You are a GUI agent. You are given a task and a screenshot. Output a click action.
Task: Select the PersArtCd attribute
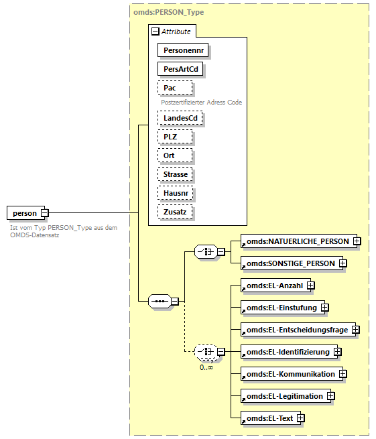180,68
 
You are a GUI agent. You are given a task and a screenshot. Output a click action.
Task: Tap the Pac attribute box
175,88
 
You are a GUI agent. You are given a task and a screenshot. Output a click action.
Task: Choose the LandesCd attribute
180,118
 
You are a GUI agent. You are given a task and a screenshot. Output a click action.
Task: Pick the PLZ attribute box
175,137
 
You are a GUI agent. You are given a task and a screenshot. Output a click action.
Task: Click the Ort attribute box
175,155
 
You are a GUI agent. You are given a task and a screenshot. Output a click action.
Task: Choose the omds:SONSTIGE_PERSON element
289,263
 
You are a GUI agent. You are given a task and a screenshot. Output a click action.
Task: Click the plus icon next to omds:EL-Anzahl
311,286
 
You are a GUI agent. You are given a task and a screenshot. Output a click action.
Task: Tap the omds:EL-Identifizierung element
286,352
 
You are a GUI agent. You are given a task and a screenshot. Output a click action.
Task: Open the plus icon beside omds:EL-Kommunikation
342,374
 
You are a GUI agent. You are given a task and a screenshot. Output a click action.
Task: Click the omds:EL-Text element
268,418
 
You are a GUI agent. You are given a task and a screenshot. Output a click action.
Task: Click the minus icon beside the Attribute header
155,31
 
